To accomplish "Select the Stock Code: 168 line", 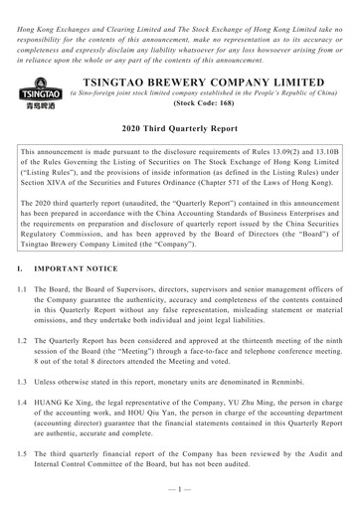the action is (x=212, y=115).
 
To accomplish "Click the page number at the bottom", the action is (x=180, y=497).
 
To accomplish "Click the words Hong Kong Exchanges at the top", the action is (x=49, y=8).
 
